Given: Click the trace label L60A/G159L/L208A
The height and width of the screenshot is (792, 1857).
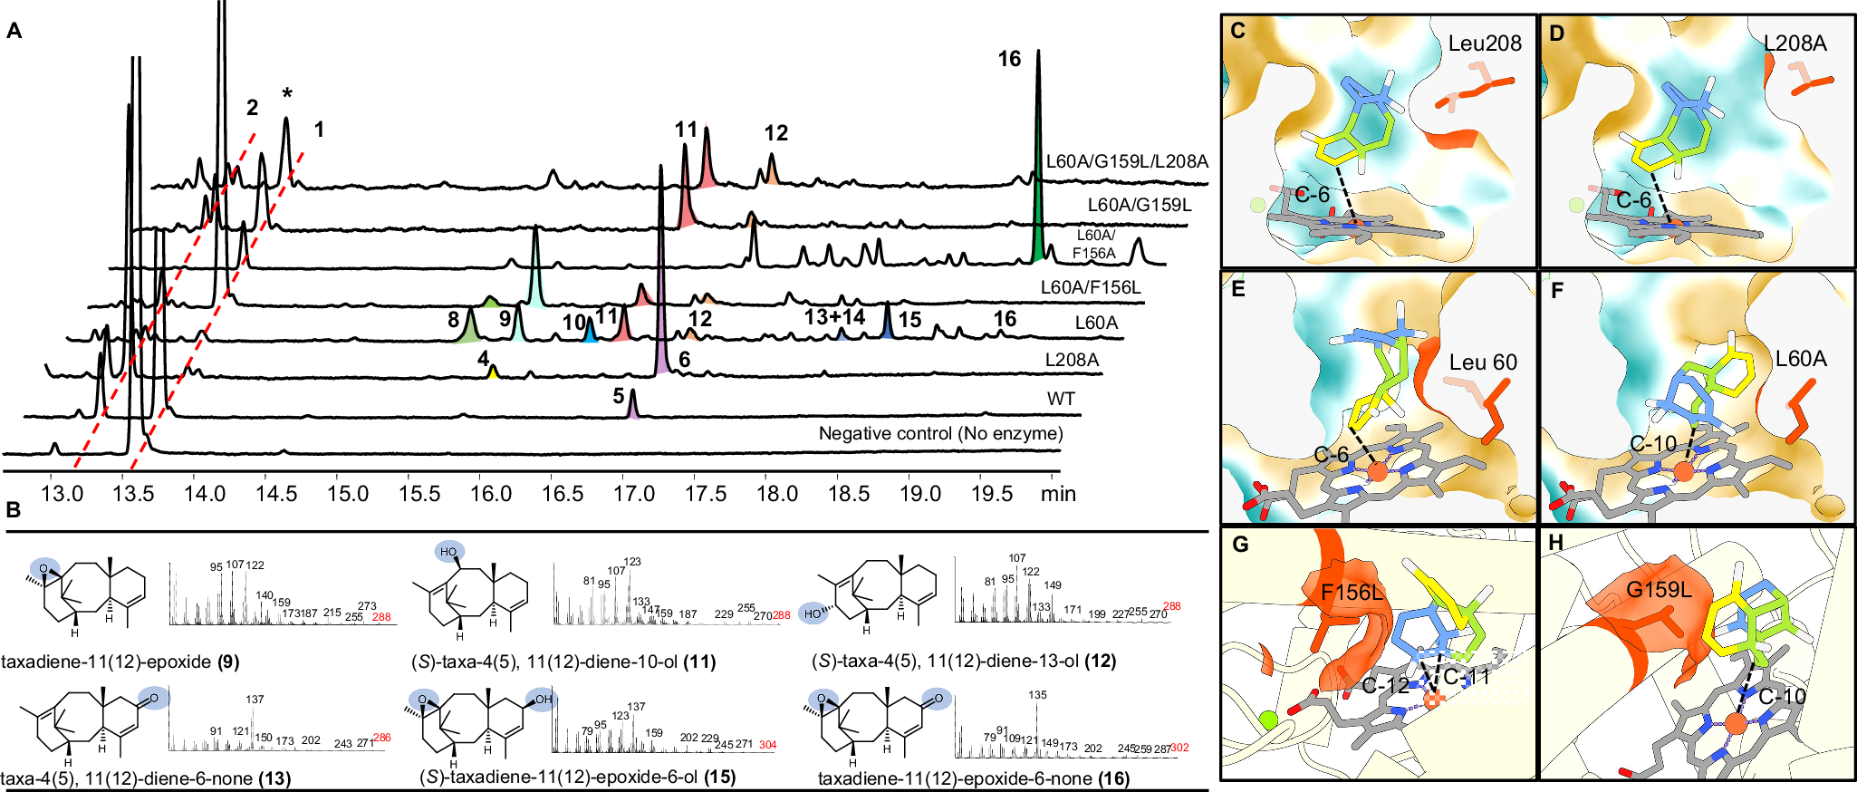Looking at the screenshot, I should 1127,161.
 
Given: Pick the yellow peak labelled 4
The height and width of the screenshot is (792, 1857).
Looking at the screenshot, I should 493,372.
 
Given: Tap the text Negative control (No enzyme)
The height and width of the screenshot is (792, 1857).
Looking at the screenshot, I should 940,433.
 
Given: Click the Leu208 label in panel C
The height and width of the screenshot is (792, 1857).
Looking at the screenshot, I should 1485,43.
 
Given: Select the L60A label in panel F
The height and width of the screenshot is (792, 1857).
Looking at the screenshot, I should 1801,359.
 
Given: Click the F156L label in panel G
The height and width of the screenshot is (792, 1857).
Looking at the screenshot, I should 1352,593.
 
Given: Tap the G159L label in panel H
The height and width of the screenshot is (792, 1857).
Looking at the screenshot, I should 1659,590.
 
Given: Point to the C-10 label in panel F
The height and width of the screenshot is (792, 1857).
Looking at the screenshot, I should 1653,444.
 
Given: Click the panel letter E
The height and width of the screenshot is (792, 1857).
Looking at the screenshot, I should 1237,289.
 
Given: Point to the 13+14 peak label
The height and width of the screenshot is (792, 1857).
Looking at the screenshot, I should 834,317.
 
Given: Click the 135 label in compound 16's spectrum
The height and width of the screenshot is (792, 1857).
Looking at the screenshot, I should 1037,695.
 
